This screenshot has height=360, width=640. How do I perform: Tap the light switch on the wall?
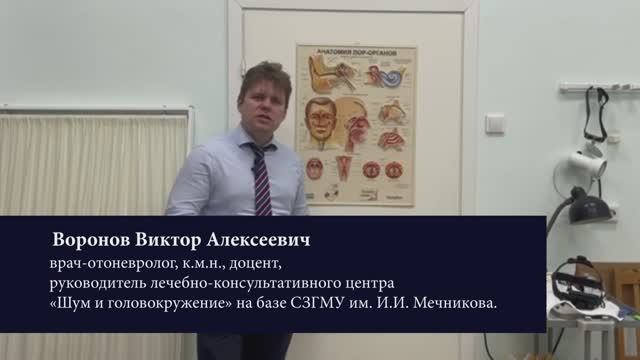[x=495, y=123]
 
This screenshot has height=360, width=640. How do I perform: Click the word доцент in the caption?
[x=259, y=265]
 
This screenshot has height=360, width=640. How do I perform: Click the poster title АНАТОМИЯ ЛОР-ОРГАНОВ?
[x=355, y=52]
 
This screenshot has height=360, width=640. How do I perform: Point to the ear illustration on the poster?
[x=329, y=74]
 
